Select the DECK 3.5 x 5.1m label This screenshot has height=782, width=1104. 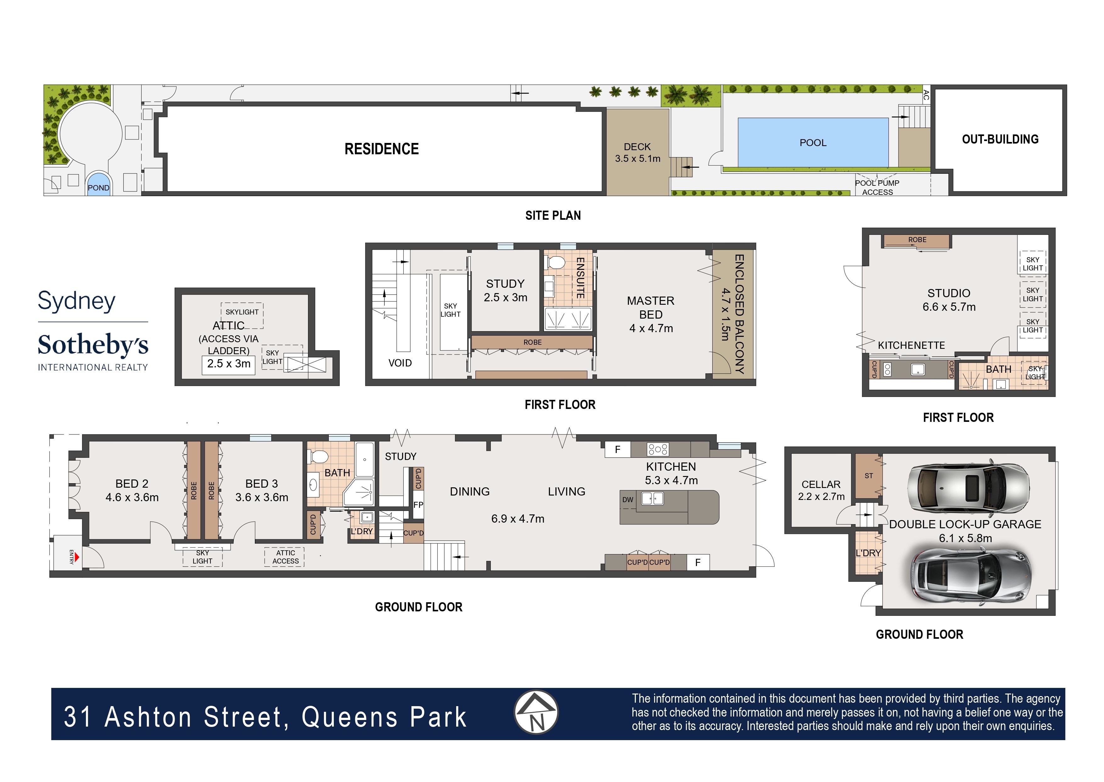tap(637, 153)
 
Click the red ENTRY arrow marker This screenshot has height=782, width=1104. tap(76, 557)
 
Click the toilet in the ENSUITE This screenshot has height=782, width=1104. tap(556, 263)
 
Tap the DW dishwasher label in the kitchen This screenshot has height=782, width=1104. tap(628, 500)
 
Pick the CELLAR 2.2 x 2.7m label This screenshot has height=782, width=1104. tap(821, 490)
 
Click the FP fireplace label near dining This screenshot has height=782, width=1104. tap(418, 505)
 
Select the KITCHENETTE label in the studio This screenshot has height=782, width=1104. tap(911, 345)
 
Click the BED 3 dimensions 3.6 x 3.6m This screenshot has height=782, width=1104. tap(261, 497)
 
